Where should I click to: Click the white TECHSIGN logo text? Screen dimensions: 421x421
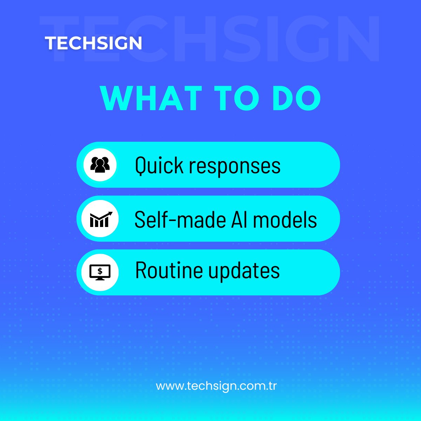point(93,43)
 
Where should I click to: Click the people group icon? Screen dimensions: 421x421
point(100,165)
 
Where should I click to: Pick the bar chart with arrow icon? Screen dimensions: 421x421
point(100,219)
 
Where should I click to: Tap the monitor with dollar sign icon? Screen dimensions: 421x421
point(100,272)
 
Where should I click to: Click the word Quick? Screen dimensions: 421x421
point(159,165)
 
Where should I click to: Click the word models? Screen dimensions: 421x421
point(285,220)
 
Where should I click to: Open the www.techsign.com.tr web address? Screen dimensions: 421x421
point(216,386)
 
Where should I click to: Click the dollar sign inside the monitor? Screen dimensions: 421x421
point(100,271)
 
